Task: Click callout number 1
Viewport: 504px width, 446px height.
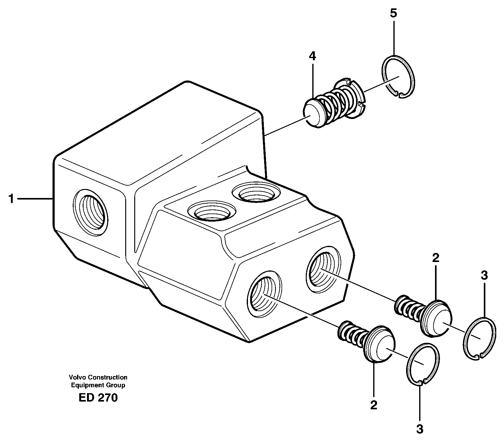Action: [11, 198]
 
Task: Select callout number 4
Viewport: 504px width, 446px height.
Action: [312, 56]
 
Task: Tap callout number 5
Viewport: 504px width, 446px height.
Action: [393, 13]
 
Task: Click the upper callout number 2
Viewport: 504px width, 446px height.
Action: [436, 258]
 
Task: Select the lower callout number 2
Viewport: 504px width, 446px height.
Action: [373, 405]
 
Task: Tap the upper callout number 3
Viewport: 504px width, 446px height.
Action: [484, 275]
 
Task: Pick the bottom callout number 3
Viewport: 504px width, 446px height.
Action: [419, 429]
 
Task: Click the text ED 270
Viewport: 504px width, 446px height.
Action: [98, 398]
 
